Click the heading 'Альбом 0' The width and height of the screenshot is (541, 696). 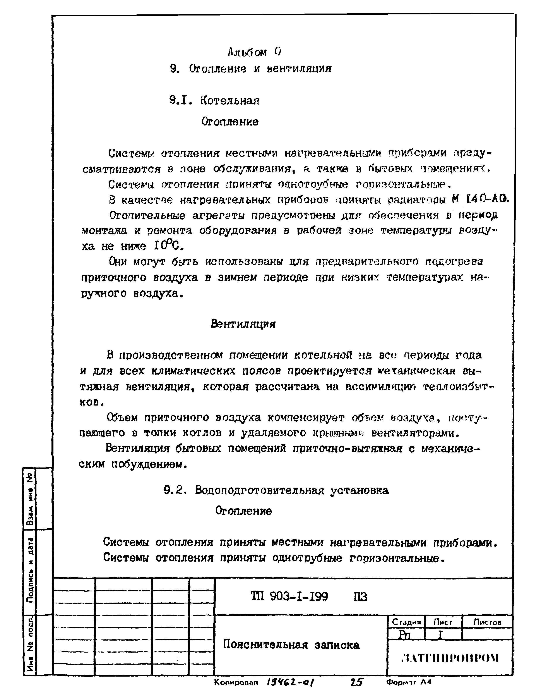tap(255, 52)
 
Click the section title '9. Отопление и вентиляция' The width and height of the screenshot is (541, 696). tap(251, 69)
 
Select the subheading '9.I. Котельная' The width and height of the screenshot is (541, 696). tap(214, 101)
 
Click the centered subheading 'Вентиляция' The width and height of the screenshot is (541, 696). tap(243, 324)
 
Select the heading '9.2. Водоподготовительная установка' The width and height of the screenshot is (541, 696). tap(276, 490)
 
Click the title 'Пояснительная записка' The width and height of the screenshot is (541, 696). tap(291, 645)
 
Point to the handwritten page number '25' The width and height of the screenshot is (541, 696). tap(356, 682)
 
